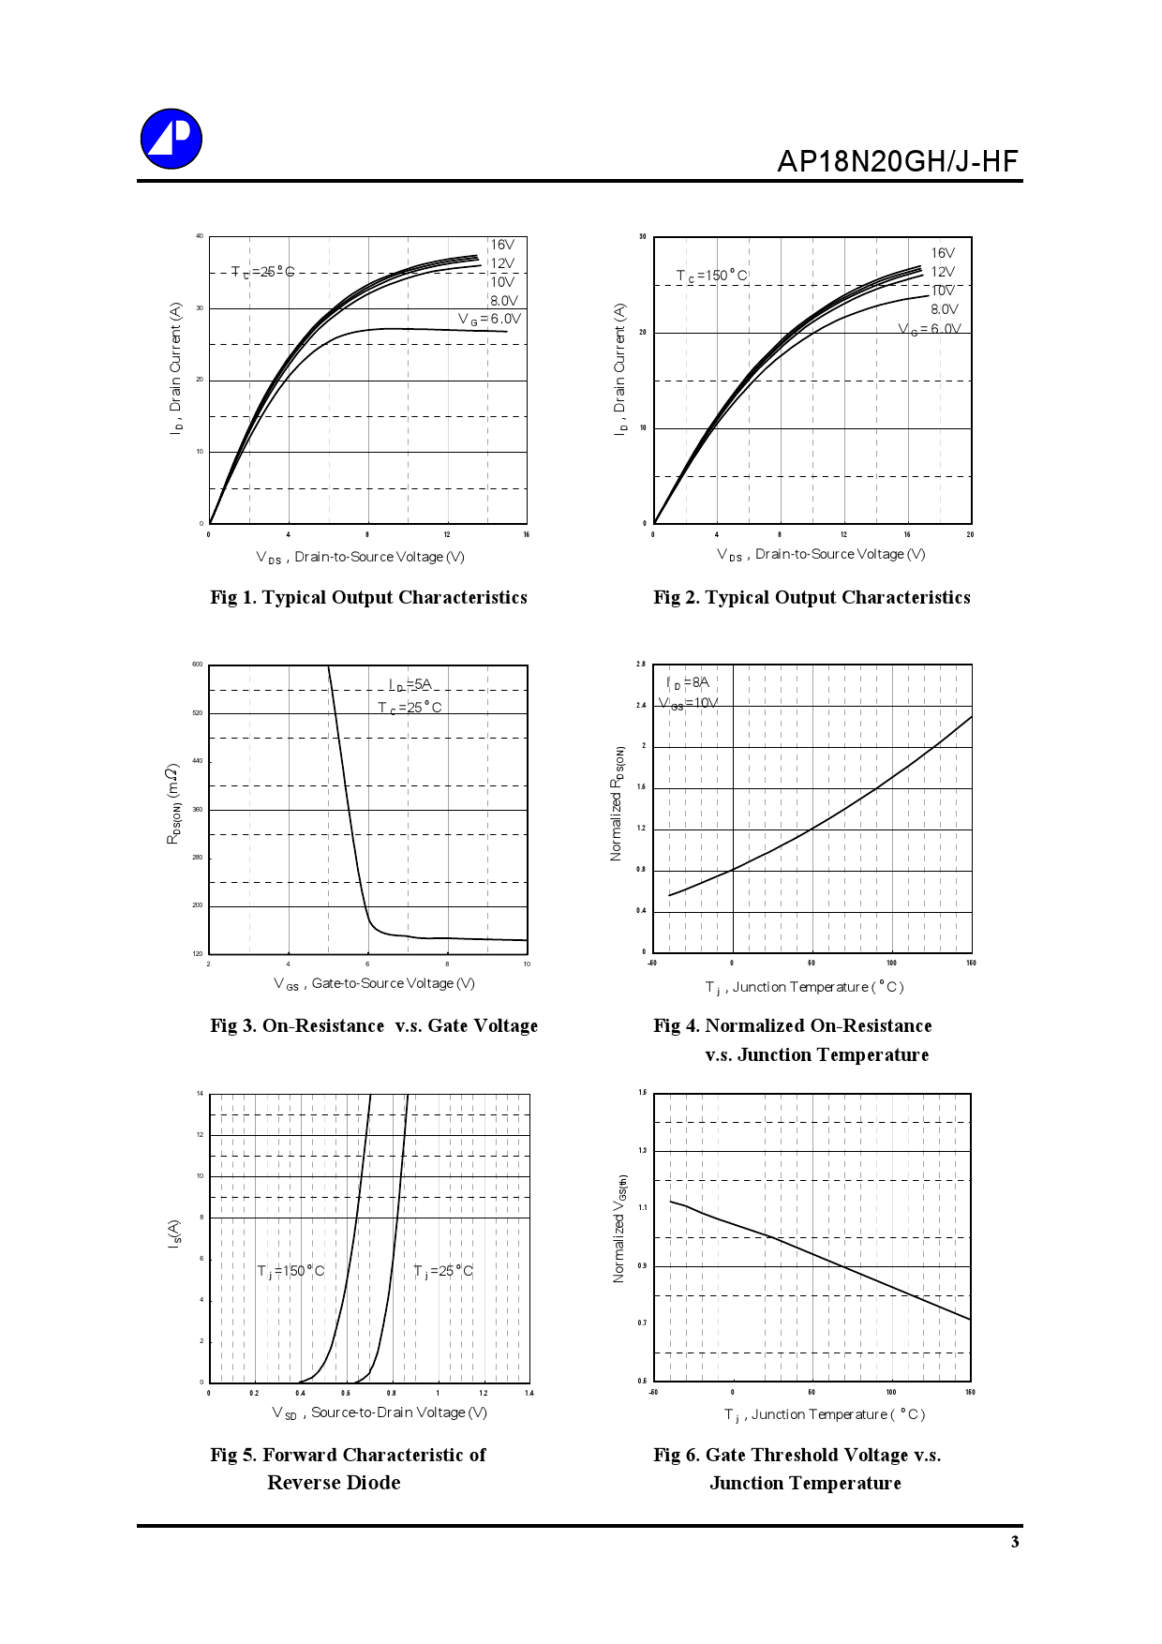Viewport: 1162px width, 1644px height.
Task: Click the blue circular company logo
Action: tap(171, 139)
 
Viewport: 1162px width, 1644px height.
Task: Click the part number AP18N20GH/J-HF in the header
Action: tap(897, 161)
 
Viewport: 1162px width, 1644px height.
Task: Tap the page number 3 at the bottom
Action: tap(1015, 1542)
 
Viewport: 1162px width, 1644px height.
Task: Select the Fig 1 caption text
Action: tap(368, 597)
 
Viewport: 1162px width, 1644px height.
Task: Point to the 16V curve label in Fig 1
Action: tap(502, 245)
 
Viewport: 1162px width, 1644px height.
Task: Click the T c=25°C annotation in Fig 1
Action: tap(262, 272)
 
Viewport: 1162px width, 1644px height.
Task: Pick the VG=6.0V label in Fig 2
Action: tap(930, 329)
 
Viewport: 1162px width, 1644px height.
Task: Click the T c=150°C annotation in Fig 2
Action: tap(712, 276)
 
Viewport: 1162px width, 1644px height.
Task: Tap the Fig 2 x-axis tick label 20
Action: tap(970, 534)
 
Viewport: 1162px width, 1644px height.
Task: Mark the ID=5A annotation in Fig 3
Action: tap(410, 685)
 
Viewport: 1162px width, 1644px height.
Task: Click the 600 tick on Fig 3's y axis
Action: tap(198, 665)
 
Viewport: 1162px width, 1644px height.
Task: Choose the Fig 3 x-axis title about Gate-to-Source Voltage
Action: tap(374, 983)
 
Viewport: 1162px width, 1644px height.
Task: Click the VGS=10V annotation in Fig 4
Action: tap(689, 703)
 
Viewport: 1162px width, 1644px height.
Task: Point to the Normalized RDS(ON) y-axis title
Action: tap(617, 804)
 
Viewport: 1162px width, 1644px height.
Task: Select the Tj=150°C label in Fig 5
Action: tap(290, 1271)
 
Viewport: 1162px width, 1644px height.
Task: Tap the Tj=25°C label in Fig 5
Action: tap(443, 1271)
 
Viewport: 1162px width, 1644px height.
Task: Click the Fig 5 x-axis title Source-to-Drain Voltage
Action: tap(380, 1412)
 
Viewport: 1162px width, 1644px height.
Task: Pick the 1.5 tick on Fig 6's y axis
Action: tap(642, 1093)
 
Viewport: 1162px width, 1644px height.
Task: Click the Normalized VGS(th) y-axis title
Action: tap(619, 1229)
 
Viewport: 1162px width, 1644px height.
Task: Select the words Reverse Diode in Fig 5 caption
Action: tap(334, 1483)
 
